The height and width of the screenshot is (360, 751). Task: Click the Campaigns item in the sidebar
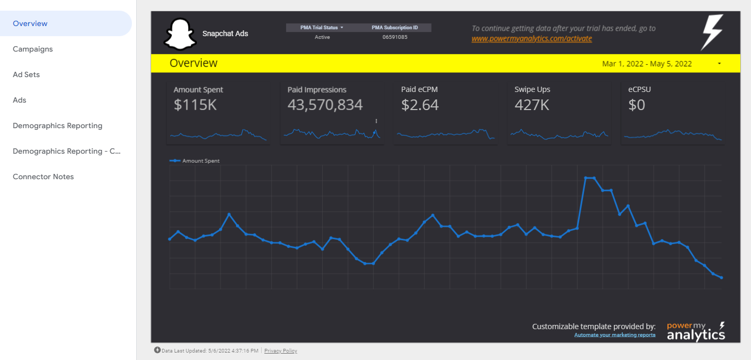33,49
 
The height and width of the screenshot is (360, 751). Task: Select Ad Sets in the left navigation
27,74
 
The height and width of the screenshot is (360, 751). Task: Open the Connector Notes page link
43,177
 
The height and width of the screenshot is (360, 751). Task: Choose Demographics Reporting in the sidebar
57,125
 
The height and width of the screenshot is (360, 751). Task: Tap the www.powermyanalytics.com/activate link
531,39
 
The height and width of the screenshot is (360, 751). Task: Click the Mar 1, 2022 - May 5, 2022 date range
647,64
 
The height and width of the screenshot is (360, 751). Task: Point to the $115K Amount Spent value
195,105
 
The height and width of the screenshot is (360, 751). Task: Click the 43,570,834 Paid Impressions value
325,105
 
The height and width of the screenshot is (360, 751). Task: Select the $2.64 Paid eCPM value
420,105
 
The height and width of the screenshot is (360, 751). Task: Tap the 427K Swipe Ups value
532,105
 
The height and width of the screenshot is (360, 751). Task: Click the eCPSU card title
639,89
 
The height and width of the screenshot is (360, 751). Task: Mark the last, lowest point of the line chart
721,278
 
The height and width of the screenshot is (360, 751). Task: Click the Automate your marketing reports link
614,335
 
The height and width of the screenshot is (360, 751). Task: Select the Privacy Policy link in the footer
280,351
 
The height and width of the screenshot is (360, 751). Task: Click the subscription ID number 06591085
395,37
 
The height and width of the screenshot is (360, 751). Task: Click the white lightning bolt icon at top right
712,32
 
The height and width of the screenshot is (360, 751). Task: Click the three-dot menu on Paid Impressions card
376,121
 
